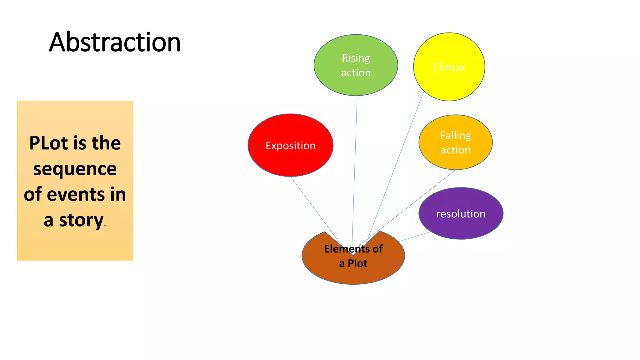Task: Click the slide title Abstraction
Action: tap(115, 42)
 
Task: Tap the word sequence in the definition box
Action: tap(75, 169)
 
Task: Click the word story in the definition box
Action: tap(81, 221)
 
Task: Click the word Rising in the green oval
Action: tap(356, 58)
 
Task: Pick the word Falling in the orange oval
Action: tap(455, 136)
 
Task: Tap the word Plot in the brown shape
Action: tap(357, 263)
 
